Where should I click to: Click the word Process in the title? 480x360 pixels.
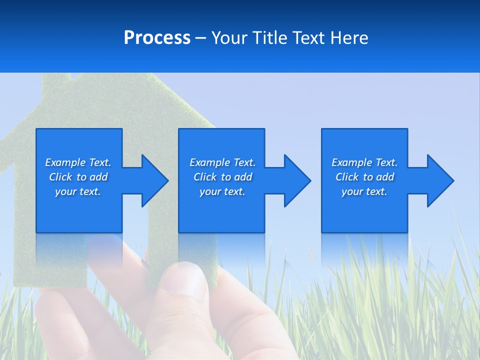tap(157, 38)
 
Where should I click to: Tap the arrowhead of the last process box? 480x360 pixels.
tap(439, 180)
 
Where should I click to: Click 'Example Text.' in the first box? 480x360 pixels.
tap(78, 162)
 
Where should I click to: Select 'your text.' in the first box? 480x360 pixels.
tap(78, 191)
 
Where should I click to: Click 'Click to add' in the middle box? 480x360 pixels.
tap(222, 177)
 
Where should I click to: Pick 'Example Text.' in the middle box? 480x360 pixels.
tap(222, 162)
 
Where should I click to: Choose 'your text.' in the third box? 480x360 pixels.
tap(364, 191)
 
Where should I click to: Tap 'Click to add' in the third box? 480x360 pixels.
tap(364, 177)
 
